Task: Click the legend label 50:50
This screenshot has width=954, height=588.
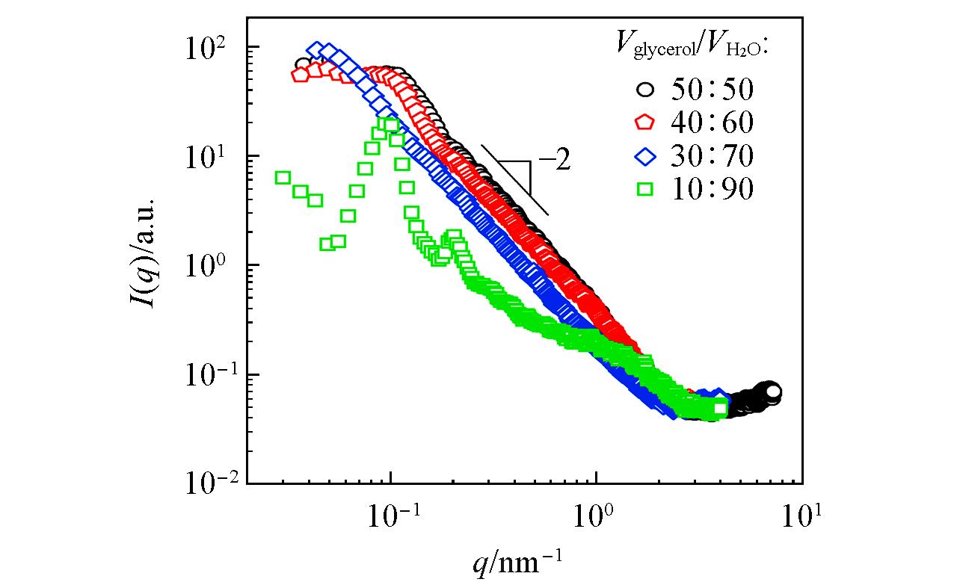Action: click(x=712, y=90)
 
